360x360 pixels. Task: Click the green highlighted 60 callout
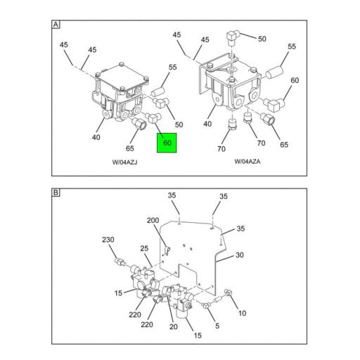[167, 143]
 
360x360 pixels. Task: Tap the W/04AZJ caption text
[124, 162]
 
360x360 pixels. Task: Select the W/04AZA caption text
[247, 162]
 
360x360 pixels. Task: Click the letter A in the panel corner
[56, 25]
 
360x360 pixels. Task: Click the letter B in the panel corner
[56, 193]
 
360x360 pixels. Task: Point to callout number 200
[153, 220]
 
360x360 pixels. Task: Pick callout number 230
[108, 240]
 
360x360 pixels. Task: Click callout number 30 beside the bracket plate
[240, 255]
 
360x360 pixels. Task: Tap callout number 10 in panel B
[242, 313]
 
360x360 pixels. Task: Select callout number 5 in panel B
[217, 326]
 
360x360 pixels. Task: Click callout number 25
[144, 248]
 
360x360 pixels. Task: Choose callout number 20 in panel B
[174, 327]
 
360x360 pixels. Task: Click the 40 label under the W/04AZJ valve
[96, 137]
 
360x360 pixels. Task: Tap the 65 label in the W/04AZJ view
[130, 148]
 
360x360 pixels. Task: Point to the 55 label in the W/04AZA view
[292, 46]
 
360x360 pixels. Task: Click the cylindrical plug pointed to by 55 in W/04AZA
[274, 72]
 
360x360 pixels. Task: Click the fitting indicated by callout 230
[120, 262]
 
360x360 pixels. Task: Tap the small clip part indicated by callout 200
[167, 250]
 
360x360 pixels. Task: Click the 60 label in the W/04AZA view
[295, 80]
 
